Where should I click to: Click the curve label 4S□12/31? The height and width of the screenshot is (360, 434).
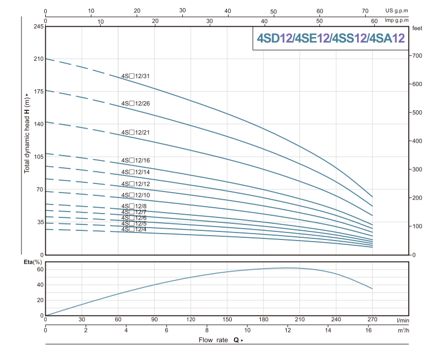click(136, 76)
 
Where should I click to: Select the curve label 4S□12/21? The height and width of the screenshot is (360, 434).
click(136, 132)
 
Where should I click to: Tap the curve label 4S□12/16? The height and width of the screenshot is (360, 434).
click(136, 160)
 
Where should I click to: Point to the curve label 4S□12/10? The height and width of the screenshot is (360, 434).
click(136, 195)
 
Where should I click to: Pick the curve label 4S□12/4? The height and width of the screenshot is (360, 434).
click(134, 229)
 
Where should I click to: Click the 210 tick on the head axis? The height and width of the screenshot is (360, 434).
click(37, 59)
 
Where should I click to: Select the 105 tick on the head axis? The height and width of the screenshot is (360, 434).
click(37, 157)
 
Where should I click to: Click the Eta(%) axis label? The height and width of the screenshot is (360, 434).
click(33, 262)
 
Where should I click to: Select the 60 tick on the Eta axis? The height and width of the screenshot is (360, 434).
click(39, 270)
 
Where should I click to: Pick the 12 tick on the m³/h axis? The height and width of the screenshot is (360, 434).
click(288, 329)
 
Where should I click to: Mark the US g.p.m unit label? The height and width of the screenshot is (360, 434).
click(397, 10)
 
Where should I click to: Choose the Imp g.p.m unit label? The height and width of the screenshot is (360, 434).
click(396, 21)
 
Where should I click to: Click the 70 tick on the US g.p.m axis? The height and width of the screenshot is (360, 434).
click(365, 10)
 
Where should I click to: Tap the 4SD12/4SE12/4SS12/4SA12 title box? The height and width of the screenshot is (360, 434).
click(330, 38)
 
